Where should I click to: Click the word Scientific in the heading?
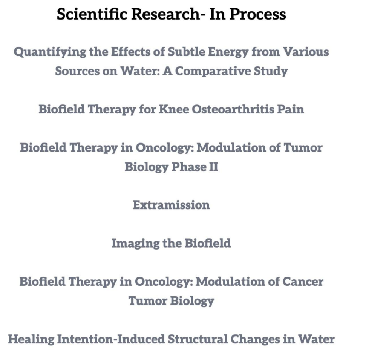[92, 14]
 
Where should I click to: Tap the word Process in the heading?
[258, 14]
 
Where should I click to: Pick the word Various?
[306, 52]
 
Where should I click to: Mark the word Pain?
[291, 109]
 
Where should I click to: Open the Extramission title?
[172, 205]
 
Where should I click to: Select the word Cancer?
[303, 282]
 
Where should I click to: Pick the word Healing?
[31, 339]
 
